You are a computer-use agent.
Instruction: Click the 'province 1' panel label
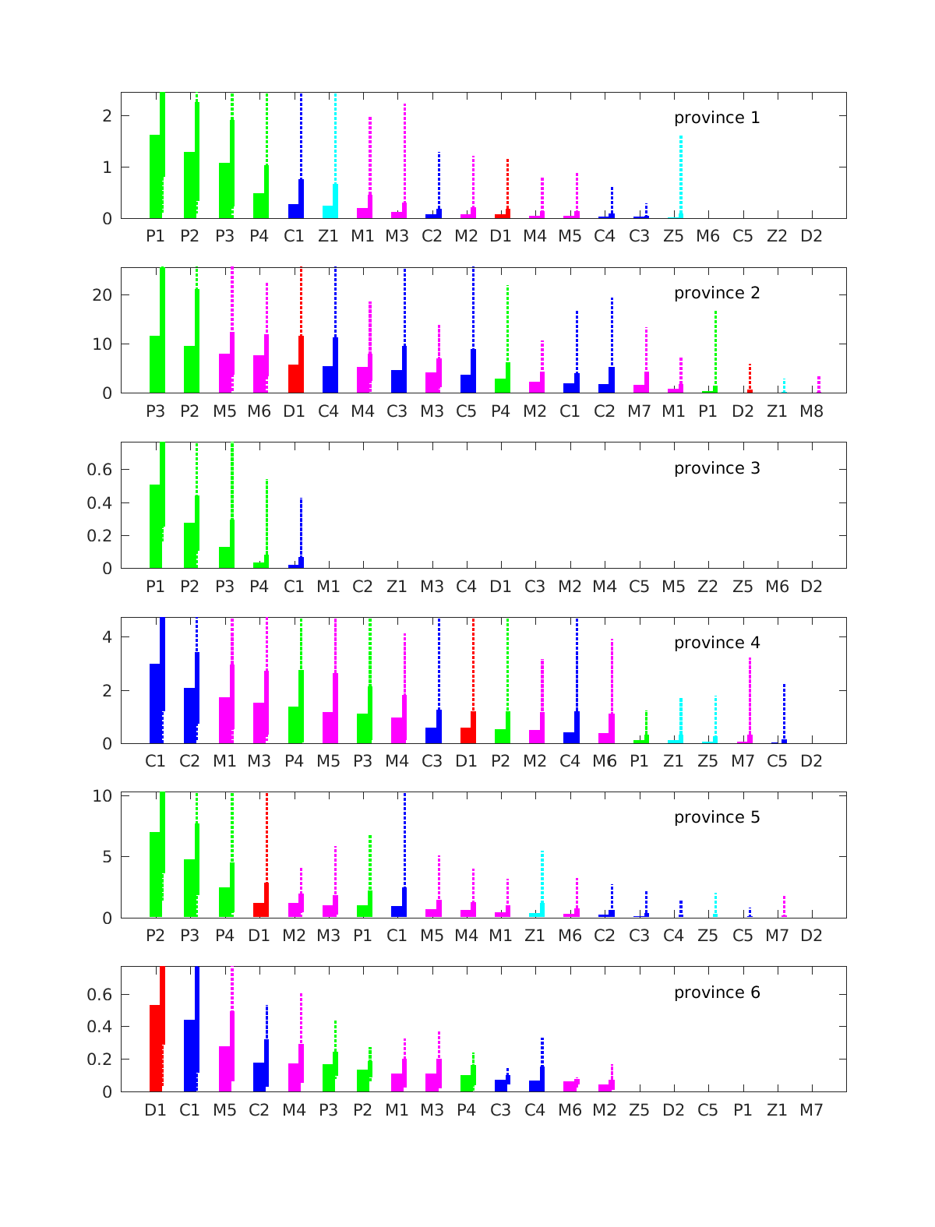click(716, 118)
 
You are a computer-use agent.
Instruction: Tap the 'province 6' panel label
click(716, 993)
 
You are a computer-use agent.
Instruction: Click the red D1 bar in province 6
click(155, 1048)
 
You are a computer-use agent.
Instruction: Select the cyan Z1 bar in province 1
click(328, 211)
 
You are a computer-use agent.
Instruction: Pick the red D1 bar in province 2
click(294, 378)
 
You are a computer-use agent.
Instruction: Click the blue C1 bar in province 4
click(155, 703)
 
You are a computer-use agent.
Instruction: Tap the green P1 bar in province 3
click(155, 526)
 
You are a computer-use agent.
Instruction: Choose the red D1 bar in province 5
click(259, 909)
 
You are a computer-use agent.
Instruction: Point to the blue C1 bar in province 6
click(189, 1055)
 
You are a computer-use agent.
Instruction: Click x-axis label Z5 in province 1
click(673, 236)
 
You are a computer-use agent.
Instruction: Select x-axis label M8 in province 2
click(811, 411)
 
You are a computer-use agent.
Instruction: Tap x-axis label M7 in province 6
click(811, 1110)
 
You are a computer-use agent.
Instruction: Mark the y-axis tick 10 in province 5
click(104, 796)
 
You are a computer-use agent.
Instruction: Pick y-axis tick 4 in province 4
click(107, 636)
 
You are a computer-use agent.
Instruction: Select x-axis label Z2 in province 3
click(707, 586)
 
